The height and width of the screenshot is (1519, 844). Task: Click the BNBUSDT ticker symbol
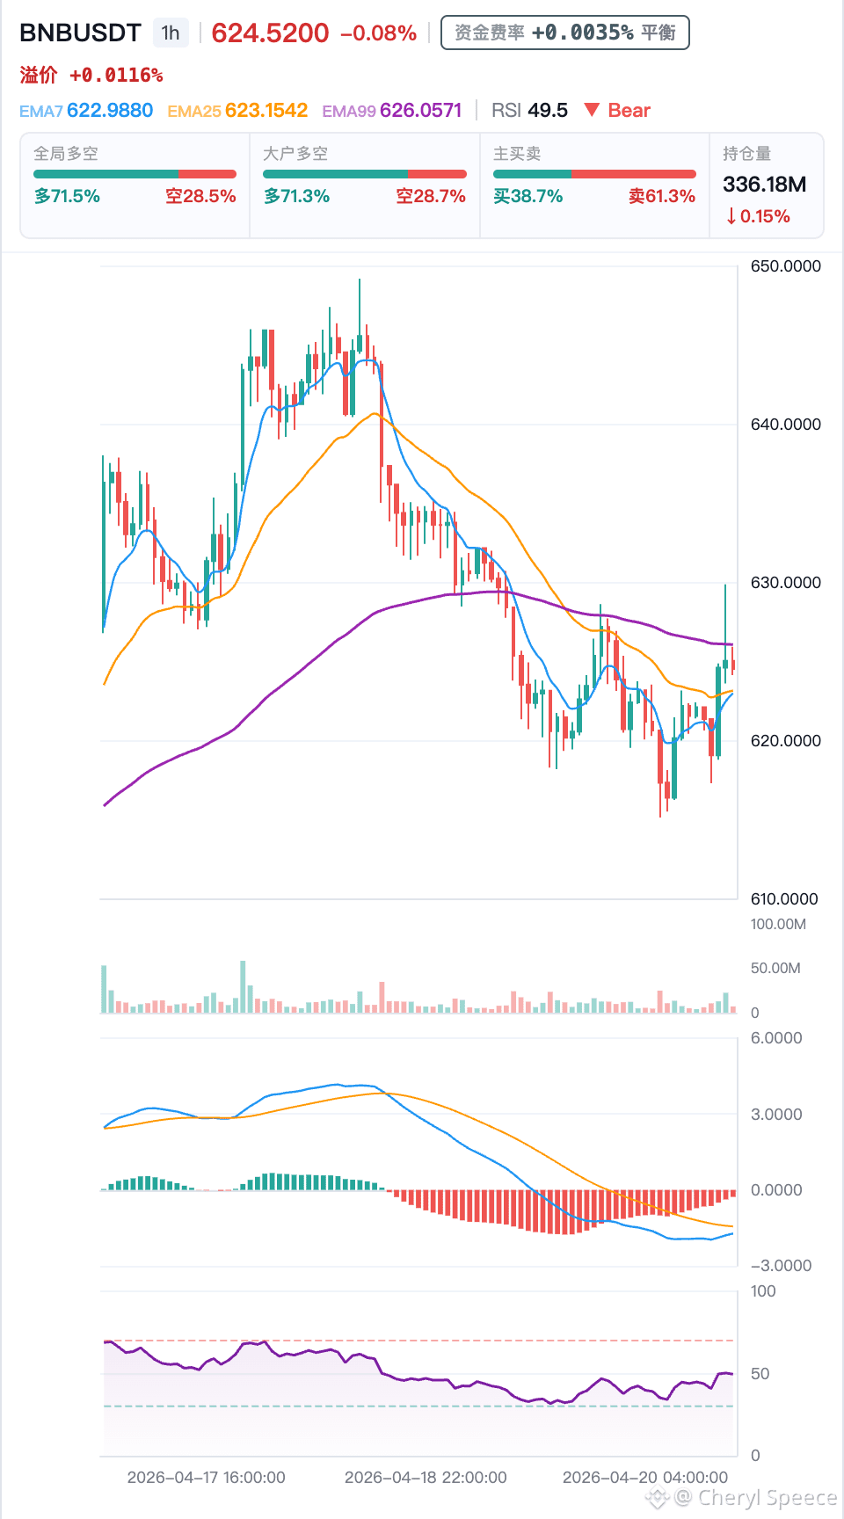click(80, 33)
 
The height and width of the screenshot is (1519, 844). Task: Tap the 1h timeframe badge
click(171, 33)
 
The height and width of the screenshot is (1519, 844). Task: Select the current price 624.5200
click(270, 33)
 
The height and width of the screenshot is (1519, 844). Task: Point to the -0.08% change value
click(378, 33)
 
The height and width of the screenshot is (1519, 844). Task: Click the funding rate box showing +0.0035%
click(564, 33)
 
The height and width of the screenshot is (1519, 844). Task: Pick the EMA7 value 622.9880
click(110, 111)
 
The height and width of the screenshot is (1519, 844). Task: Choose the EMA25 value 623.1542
click(266, 111)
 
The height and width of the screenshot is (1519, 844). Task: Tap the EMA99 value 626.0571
click(421, 111)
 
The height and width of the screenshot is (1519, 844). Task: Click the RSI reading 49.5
click(548, 111)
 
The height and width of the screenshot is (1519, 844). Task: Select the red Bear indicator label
click(617, 111)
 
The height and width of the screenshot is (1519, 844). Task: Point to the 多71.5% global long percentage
click(67, 196)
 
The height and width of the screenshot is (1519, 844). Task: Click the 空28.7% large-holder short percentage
click(431, 196)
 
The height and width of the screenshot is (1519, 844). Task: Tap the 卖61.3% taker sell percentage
click(662, 196)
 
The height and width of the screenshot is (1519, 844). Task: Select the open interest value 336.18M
click(764, 185)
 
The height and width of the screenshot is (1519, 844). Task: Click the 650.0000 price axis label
click(785, 266)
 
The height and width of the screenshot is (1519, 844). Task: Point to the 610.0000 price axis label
click(784, 899)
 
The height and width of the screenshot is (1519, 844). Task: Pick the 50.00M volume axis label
click(775, 969)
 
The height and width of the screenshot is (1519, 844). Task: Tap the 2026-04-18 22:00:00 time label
click(426, 1478)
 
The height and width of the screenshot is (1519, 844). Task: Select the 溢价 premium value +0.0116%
click(116, 76)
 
